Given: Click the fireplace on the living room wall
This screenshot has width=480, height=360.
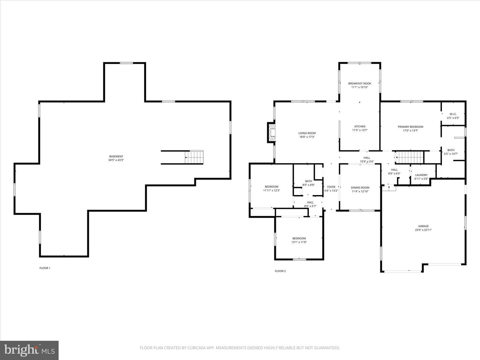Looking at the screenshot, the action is point(271,132).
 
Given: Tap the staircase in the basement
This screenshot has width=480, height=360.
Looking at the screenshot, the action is point(194,157).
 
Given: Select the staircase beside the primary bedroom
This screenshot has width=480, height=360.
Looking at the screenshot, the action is point(410,157).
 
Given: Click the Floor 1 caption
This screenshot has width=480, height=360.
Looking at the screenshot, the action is point(45,268).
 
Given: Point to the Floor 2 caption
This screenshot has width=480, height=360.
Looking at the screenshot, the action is point(280,271).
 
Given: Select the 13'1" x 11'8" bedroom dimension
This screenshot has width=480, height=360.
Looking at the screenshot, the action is point(299,242).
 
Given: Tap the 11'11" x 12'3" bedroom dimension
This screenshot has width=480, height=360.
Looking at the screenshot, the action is point(272,190).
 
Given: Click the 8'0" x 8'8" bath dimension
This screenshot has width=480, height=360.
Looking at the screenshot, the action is point(309,185).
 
